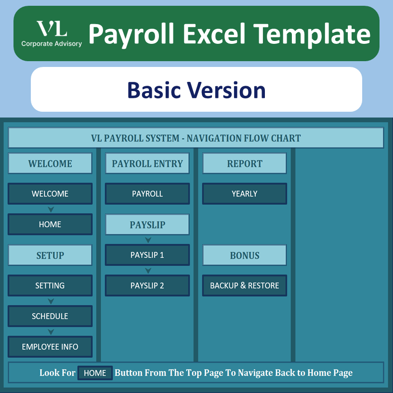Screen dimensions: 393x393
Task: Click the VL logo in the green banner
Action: tap(52, 34)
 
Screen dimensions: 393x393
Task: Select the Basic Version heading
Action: tap(196, 90)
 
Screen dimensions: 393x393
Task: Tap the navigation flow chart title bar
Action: tap(196, 138)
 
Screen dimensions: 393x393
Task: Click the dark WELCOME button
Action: tap(50, 194)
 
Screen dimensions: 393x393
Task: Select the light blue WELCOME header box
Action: tap(50, 163)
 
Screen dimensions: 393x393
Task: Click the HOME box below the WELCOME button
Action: tap(50, 224)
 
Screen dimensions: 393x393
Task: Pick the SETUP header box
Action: tap(50, 255)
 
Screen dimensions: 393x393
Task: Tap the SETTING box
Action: tap(50, 286)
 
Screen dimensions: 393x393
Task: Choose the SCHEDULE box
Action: tap(50, 316)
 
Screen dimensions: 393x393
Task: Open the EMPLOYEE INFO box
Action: tap(50, 347)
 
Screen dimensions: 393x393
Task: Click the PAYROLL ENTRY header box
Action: tap(147, 163)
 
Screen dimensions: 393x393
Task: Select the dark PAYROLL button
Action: tap(147, 194)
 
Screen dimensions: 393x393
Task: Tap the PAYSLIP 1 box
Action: tap(147, 255)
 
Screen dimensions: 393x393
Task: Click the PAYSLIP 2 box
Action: tap(147, 286)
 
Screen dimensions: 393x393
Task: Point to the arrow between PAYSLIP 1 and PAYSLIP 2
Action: tap(148, 271)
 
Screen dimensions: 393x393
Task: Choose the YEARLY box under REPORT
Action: tap(245, 194)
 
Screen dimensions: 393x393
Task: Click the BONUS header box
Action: tap(245, 255)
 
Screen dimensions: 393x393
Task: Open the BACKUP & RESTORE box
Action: tap(245, 286)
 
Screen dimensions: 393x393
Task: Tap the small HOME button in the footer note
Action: tap(95, 373)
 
